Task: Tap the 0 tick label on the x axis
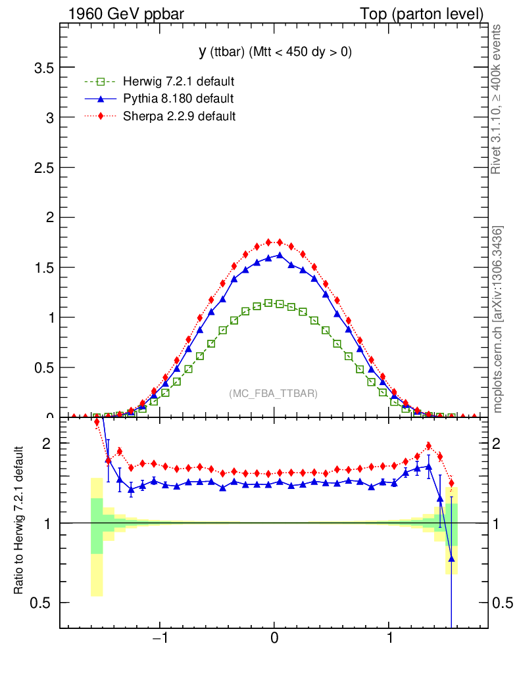274,638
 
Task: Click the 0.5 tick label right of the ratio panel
503,603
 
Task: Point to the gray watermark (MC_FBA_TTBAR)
274,394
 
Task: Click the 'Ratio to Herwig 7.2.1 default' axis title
20,521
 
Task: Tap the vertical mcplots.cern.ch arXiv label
498,319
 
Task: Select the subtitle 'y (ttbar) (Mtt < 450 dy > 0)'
274,53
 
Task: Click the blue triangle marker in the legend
100,99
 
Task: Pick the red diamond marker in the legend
100,116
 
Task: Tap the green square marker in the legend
100,82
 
